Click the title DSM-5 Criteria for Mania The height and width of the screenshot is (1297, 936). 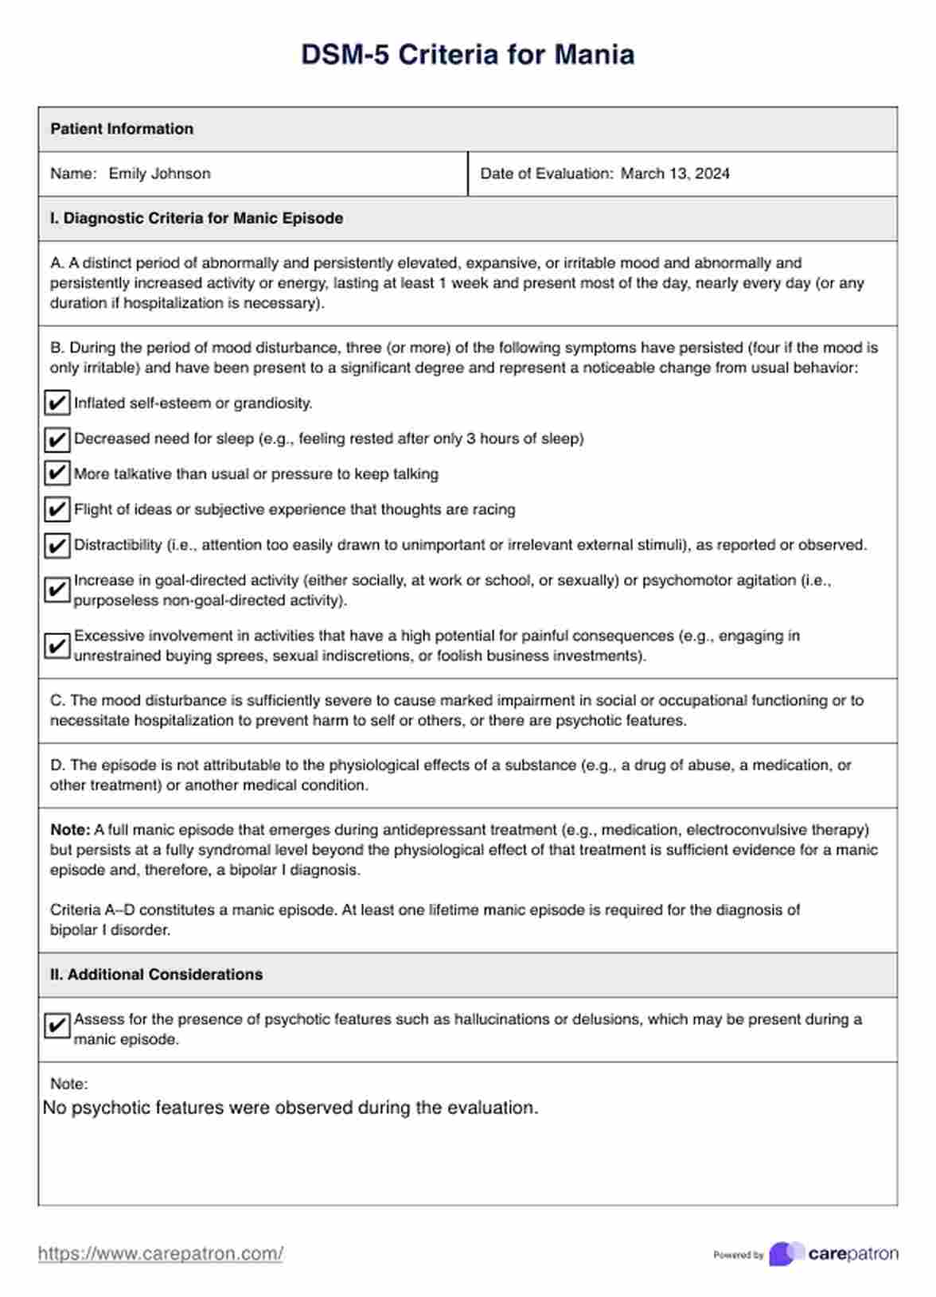[x=467, y=55]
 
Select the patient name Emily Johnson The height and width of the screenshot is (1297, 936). [x=159, y=173]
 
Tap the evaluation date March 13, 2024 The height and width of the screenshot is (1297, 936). [x=675, y=173]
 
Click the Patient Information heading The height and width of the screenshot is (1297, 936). [x=122, y=129]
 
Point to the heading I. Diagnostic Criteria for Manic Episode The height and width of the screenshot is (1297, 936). [x=197, y=218]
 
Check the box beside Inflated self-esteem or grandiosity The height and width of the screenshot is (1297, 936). [x=57, y=403]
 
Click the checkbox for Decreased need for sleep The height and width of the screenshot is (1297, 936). [x=57, y=439]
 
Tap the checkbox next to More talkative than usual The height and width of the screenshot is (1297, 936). [x=57, y=474]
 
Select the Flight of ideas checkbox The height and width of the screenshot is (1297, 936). [x=57, y=509]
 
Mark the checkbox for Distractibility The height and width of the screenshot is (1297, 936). [x=57, y=546]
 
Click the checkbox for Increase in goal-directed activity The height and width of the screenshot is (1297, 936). [x=57, y=590]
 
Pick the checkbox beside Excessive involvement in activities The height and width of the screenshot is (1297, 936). [x=57, y=645]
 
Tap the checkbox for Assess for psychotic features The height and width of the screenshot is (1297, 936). [x=57, y=1026]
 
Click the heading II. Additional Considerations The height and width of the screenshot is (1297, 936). [x=156, y=975]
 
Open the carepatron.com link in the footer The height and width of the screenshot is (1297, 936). [x=161, y=1254]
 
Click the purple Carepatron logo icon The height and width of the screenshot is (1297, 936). [x=786, y=1254]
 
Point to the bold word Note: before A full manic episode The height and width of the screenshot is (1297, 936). [x=70, y=830]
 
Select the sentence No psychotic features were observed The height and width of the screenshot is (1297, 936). [x=291, y=1108]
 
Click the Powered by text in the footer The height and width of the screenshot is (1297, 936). [x=738, y=1256]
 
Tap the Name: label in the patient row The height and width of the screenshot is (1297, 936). [x=73, y=173]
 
